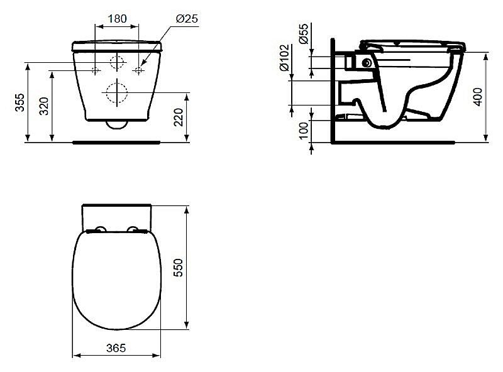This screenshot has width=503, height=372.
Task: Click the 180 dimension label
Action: (x=117, y=19)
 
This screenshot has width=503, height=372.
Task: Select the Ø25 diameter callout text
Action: (x=187, y=19)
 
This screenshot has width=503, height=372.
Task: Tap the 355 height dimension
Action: (x=20, y=102)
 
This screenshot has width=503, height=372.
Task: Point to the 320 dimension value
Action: (x=43, y=106)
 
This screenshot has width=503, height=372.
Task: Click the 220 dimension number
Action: (x=179, y=117)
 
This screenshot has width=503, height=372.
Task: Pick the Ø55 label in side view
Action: (x=303, y=34)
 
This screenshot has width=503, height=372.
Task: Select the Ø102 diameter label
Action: (x=284, y=58)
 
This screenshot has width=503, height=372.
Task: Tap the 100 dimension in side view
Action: (x=303, y=131)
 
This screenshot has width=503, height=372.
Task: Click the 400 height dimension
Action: (x=478, y=97)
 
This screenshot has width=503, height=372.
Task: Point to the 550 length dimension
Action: (x=178, y=268)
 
